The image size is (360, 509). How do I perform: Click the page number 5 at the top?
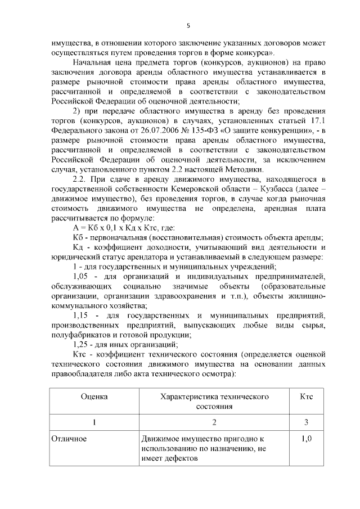click(188, 25)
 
